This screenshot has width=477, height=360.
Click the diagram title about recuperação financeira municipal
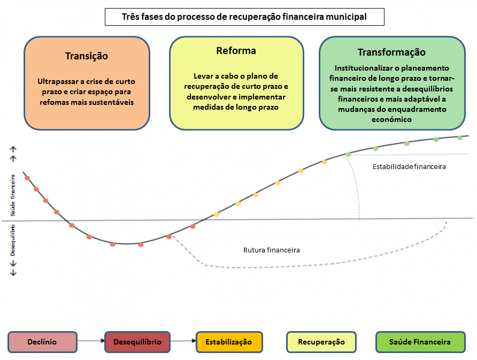click(244, 17)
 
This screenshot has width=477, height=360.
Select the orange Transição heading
click(87, 56)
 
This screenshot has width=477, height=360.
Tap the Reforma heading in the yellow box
click(236, 51)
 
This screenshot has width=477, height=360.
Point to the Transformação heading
click(391, 52)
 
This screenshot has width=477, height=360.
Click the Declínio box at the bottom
click(42, 342)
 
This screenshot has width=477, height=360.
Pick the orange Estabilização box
click(229, 342)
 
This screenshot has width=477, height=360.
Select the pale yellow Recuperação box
click(321, 342)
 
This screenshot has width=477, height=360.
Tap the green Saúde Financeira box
click(420, 342)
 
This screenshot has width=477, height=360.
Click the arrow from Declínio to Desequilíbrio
click(91, 340)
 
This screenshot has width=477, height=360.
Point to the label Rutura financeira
click(272, 250)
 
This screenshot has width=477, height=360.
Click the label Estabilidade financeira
click(409, 167)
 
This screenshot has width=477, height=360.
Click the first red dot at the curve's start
click(27, 178)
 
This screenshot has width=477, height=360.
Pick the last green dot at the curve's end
click(459, 137)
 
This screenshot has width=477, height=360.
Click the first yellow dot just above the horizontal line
click(217, 215)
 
